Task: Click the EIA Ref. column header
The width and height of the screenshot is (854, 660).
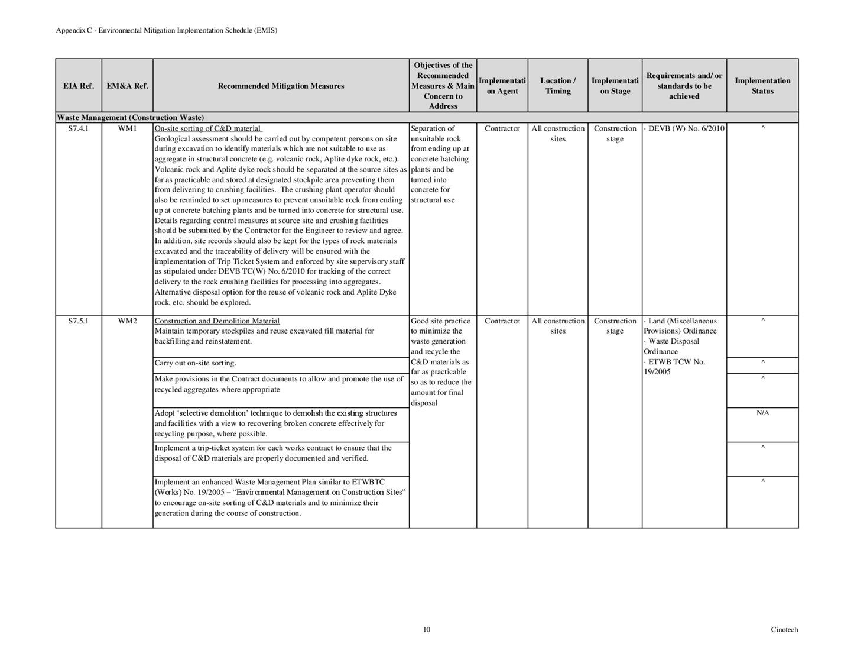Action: [x=79, y=86]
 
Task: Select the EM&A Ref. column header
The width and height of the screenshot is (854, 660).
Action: [x=127, y=86]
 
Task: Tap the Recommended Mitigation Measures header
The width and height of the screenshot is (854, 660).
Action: [x=281, y=86]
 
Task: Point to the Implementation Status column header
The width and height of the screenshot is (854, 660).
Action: [x=762, y=86]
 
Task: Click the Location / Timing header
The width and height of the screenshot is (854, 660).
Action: [x=558, y=86]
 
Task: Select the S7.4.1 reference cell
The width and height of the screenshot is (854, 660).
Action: [x=79, y=128]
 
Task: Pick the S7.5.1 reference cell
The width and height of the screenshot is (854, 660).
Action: [x=79, y=321]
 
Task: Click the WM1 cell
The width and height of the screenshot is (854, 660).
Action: [x=127, y=128]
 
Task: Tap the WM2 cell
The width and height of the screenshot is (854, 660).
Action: [x=127, y=321]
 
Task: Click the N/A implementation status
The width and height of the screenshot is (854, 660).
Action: [x=762, y=413]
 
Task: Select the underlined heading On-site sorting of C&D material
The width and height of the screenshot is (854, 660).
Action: [x=207, y=128]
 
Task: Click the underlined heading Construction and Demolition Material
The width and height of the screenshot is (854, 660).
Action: [x=217, y=321]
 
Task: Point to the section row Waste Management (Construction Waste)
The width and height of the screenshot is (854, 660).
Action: [x=130, y=118]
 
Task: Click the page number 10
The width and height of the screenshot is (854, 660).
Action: [x=427, y=629]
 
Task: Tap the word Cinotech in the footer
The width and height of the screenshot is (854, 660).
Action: [x=784, y=629]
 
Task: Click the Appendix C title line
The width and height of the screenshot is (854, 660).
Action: [x=166, y=30]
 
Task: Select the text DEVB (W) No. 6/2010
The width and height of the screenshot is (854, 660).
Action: [x=686, y=128]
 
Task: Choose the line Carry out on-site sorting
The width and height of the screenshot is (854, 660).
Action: [x=195, y=363]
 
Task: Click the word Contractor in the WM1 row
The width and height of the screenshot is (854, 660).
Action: [x=502, y=128]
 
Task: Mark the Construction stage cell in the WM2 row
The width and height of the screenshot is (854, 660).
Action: [x=615, y=326]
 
